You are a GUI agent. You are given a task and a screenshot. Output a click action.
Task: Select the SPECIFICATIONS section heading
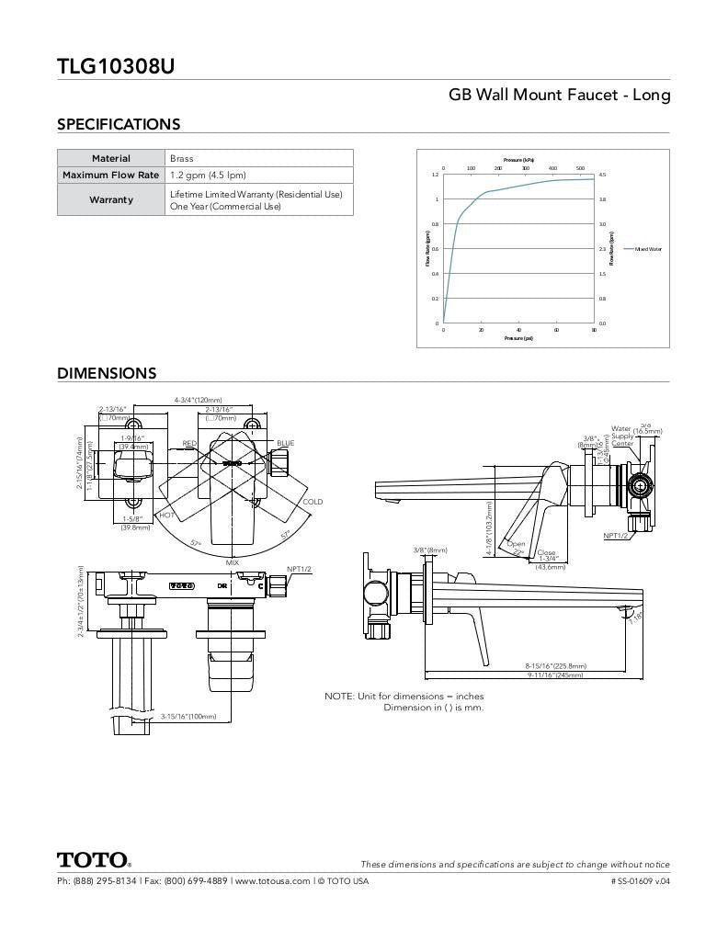[x=119, y=124]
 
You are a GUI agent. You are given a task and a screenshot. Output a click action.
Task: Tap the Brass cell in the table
[x=182, y=158]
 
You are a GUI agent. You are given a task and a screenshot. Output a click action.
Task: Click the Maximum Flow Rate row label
[x=110, y=175]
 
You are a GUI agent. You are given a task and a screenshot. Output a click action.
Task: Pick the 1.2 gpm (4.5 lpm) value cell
[x=208, y=175]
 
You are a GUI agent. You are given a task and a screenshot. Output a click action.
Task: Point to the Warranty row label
[x=110, y=199]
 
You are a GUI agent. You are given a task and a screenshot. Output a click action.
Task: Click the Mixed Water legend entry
[x=647, y=249]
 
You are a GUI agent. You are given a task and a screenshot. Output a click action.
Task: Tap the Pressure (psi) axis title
[x=518, y=338]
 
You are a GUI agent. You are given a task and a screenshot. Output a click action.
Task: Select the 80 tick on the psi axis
[x=594, y=329]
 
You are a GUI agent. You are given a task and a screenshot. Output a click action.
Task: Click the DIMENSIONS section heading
[x=107, y=373]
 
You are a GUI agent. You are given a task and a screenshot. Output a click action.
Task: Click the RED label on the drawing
[x=189, y=443]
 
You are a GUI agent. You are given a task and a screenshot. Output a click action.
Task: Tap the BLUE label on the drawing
[x=286, y=443]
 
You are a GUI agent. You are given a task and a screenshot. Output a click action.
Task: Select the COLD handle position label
[x=313, y=502]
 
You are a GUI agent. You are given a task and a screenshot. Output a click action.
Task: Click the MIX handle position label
[x=233, y=561]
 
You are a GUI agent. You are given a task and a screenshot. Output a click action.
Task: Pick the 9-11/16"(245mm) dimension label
[x=555, y=675]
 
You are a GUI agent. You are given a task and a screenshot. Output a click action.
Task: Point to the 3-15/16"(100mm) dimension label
[x=188, y=716]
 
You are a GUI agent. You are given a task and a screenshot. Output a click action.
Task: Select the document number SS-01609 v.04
[x=640, y=880]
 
